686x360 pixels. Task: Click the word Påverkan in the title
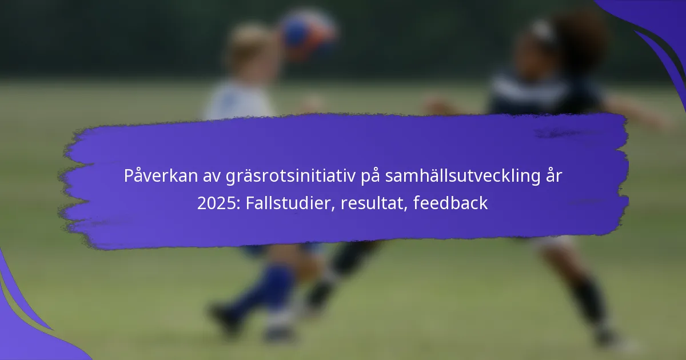point(161,176)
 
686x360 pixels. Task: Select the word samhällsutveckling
point(462,177)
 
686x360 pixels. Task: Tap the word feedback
point(450,203)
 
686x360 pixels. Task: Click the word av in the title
point(212,177)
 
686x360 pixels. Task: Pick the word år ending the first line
point(554,176)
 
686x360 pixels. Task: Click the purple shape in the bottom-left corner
point(25,325)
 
